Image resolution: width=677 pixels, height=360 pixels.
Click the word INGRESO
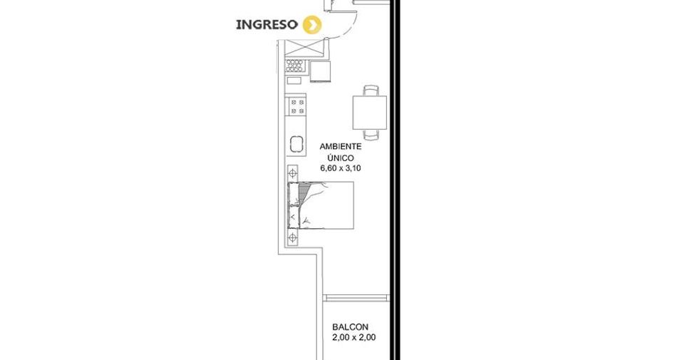(267, 25)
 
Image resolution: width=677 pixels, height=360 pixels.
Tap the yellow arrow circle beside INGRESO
(312, 25)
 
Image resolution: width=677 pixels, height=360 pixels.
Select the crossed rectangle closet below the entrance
(305, 48)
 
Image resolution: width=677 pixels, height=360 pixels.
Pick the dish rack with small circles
(295, 66)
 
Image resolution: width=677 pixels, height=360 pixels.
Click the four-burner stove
(297, 106)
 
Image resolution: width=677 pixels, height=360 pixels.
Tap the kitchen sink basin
(297, 144)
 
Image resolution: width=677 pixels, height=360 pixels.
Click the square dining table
(370, 113)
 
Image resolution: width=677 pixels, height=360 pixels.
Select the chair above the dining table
(371, 91)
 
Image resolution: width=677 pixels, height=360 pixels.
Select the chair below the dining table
(371, 135)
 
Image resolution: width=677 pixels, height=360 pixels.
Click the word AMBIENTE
(340, 147)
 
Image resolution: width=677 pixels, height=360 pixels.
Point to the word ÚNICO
(340, 158)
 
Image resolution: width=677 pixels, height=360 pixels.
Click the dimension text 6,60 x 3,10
(340, 168)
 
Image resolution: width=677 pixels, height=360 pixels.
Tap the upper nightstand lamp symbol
(293, 173)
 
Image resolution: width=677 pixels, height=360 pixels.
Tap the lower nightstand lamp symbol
(293, 237)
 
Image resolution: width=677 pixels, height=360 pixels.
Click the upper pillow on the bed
(294, 194)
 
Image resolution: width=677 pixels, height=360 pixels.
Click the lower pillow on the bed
(294, 217)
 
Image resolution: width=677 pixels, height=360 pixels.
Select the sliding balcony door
(356, 298)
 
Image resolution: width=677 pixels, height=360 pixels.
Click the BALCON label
(350, 327)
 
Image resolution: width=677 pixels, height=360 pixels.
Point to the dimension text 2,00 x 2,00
(353, 338)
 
